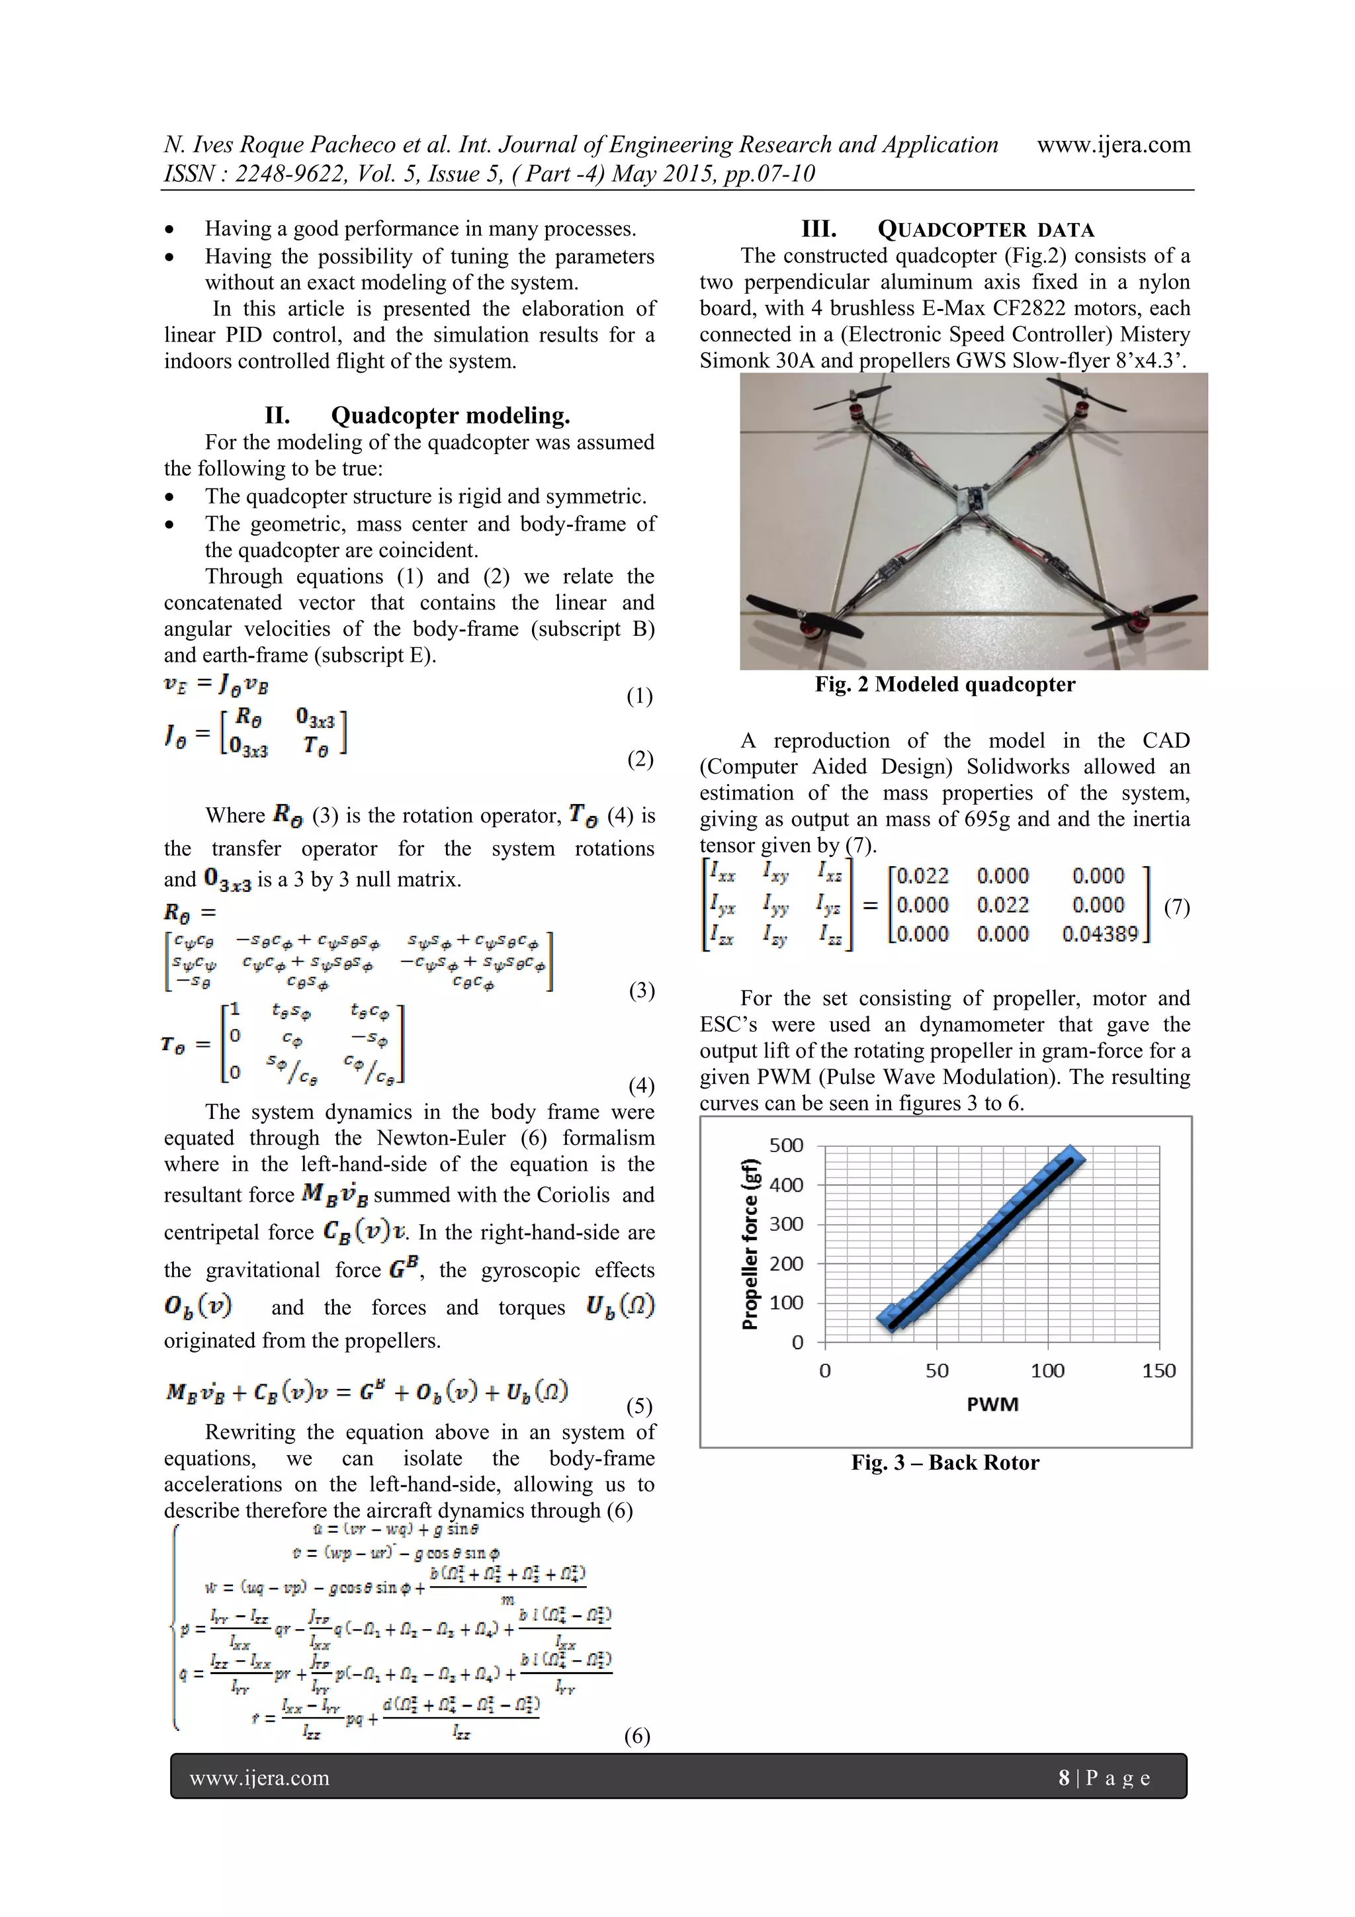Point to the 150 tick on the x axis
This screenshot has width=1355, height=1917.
pos(1158,1370)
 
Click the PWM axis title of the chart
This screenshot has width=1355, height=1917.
pos(992,1404)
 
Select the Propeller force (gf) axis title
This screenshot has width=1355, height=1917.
pos(750,1243)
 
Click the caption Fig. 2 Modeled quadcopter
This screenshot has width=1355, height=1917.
pos(945,685)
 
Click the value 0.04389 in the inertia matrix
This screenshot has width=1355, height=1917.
pos(1100,934)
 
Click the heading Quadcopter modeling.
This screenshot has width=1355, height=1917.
pos(451,416)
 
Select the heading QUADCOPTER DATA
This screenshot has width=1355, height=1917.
pos(985,230)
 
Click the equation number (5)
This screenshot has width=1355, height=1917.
pos(638,1406)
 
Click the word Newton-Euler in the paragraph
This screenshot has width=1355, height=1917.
pos(441,1138)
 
